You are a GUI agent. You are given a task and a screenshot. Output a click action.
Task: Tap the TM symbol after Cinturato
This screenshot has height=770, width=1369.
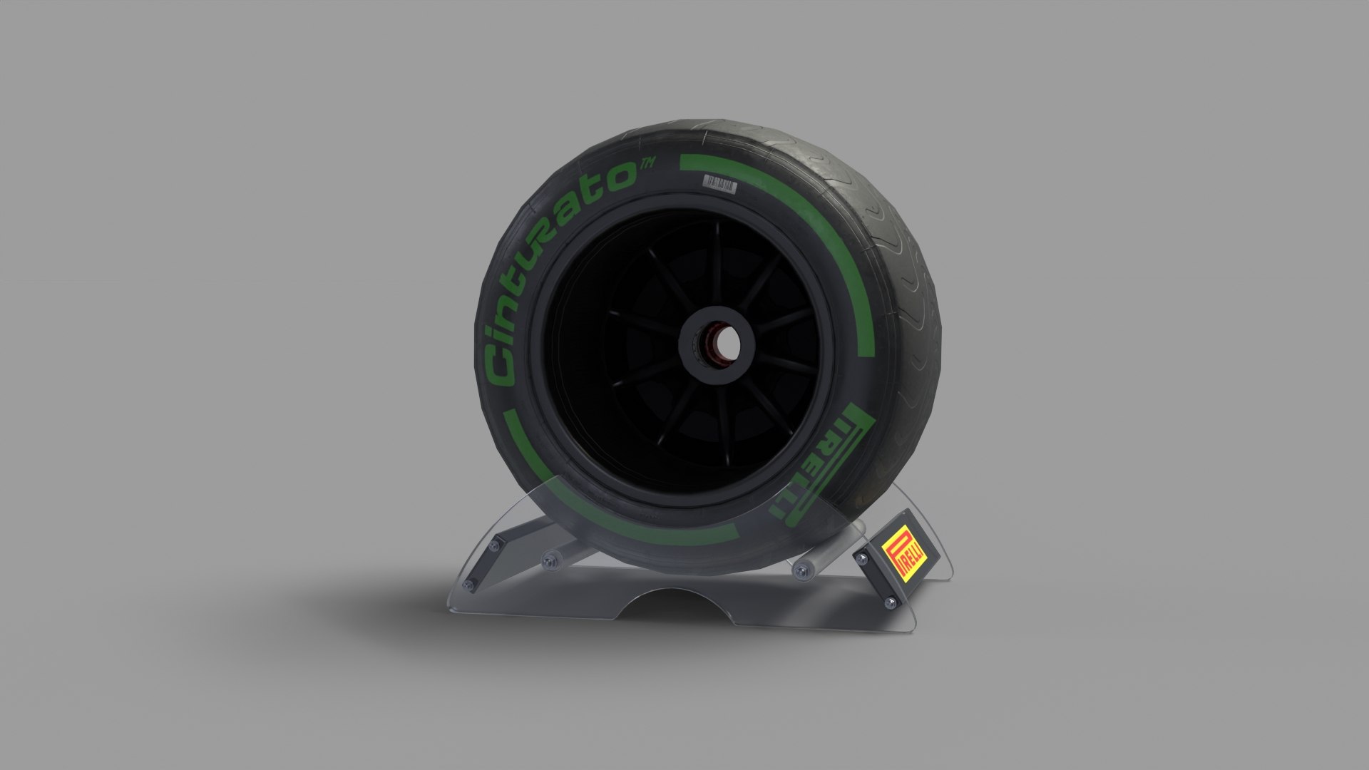pyautogui.click(x=647, y=165)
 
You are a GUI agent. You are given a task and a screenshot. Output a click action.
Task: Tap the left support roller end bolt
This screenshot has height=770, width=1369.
pyautogui.click(x=549, y=560)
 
